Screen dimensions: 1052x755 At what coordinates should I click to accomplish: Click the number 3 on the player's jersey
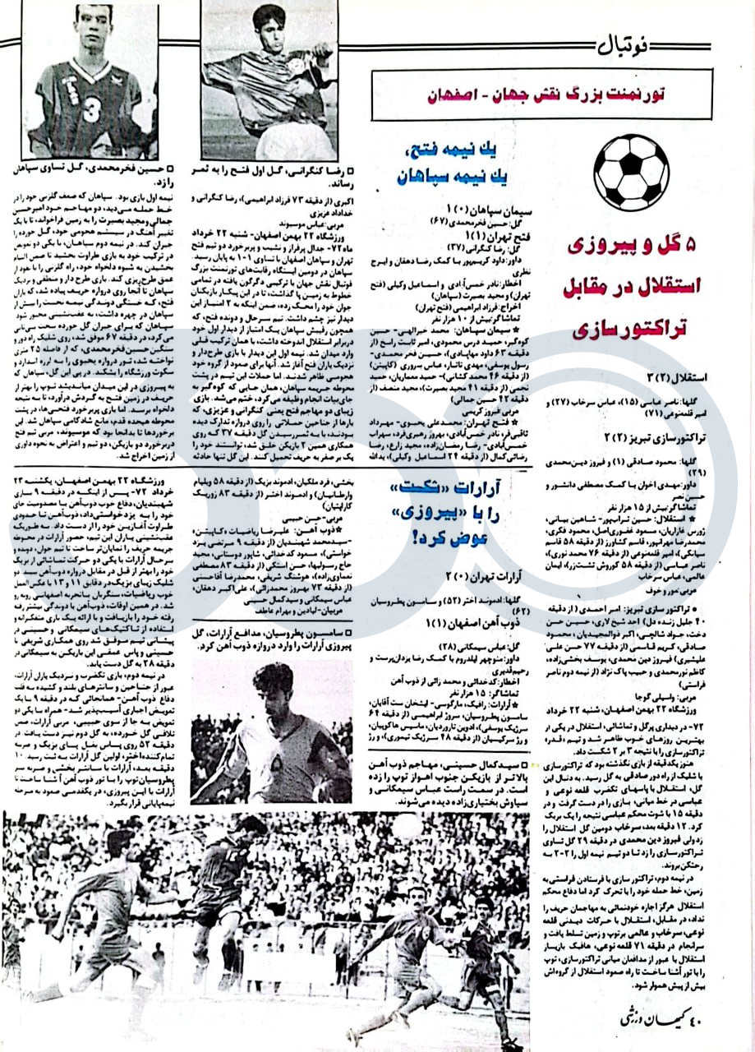pos(91,108)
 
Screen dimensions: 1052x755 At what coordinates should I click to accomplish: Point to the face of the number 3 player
pos(94,26)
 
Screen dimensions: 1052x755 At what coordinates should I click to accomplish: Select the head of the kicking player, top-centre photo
pos(268,21)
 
